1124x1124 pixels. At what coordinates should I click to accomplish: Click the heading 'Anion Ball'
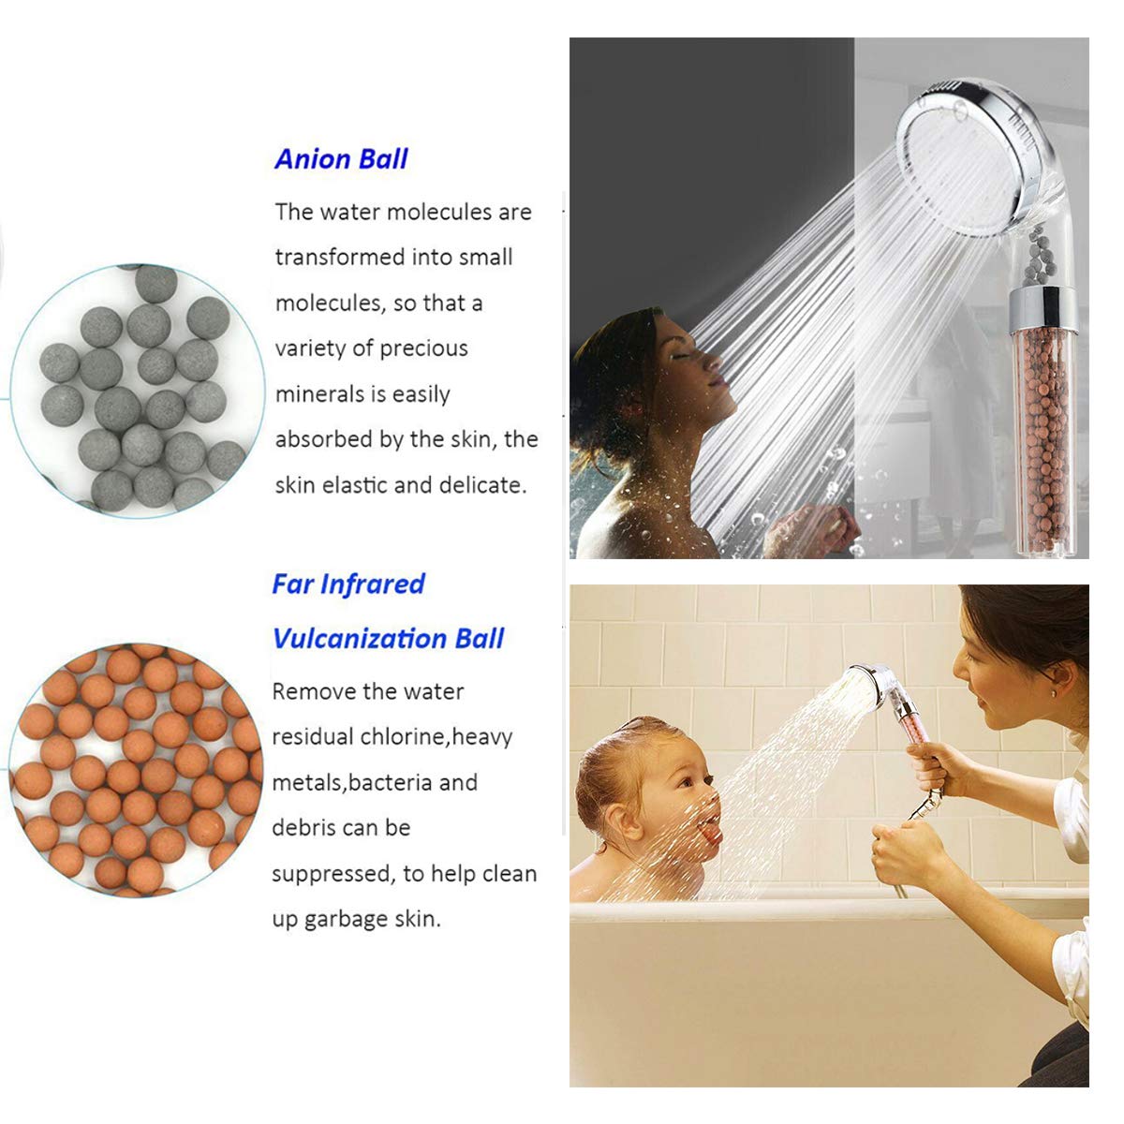click(341, 159)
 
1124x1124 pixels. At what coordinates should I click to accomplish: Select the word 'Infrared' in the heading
click(372, 584)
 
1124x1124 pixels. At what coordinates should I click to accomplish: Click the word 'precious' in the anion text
click(422, 348)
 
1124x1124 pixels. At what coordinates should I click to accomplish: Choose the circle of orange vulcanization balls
click(136, 768)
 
